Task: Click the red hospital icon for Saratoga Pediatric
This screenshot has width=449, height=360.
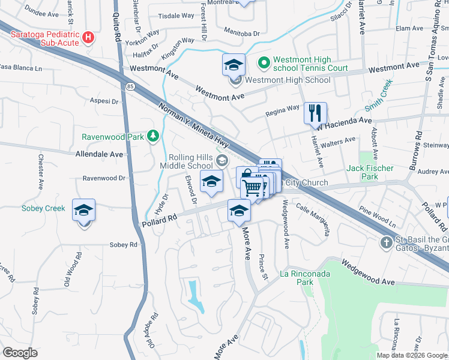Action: (89, 37)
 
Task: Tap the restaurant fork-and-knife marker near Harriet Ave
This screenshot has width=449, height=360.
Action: (315, 112)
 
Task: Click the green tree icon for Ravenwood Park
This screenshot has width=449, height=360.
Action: (154, 136)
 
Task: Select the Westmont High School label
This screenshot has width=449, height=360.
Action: (288, 80)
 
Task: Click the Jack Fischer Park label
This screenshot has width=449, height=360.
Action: (370, 172)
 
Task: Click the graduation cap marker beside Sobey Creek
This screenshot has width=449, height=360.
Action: (83, 211)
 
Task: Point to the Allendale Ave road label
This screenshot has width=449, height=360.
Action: (99, 154)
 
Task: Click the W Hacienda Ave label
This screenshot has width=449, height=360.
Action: (345, 122)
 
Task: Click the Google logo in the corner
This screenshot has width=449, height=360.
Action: (20, 353)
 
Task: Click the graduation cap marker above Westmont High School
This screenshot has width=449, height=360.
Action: (234, 64)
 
